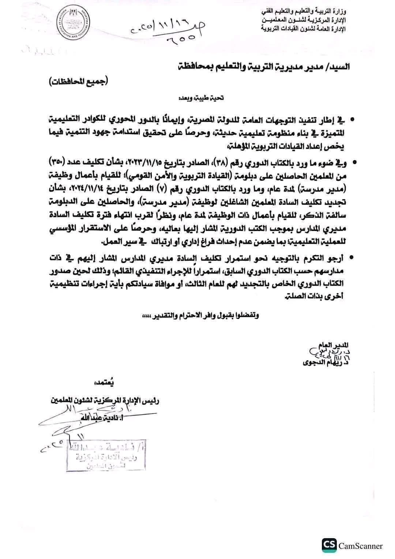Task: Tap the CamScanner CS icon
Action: (x=329, y=546)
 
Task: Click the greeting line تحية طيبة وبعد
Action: (x=201, y=98)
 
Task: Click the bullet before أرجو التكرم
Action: (x=351, y=258)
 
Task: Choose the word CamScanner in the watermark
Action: (x=361, y=546)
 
